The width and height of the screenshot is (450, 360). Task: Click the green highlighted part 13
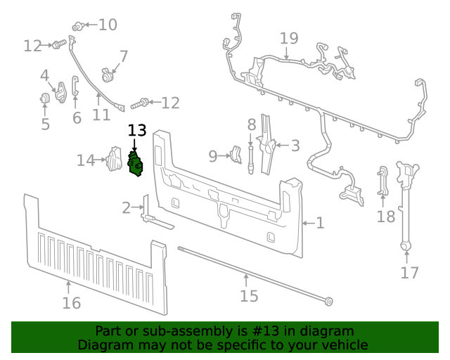(135, 163)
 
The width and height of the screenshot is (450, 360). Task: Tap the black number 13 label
(137, 131)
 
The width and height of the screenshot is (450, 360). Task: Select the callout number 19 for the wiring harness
(288, 39)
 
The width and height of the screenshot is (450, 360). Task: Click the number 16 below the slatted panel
(71, 303)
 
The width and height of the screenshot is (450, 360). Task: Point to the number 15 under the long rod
(249, 296)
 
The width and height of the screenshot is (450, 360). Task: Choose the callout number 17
(409, 273)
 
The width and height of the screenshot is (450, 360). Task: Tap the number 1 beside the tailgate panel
(320, 223)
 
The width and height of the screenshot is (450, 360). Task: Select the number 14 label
(86, 161)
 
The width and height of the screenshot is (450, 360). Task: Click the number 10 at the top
(108, 25)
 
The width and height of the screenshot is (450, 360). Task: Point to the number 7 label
(124, 56)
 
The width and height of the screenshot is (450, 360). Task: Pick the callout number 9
(213, 156)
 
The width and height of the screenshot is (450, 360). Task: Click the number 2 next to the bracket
(127, 207)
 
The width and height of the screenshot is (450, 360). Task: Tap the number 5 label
(45, 124)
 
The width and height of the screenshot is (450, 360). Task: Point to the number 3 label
(295, 146)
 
